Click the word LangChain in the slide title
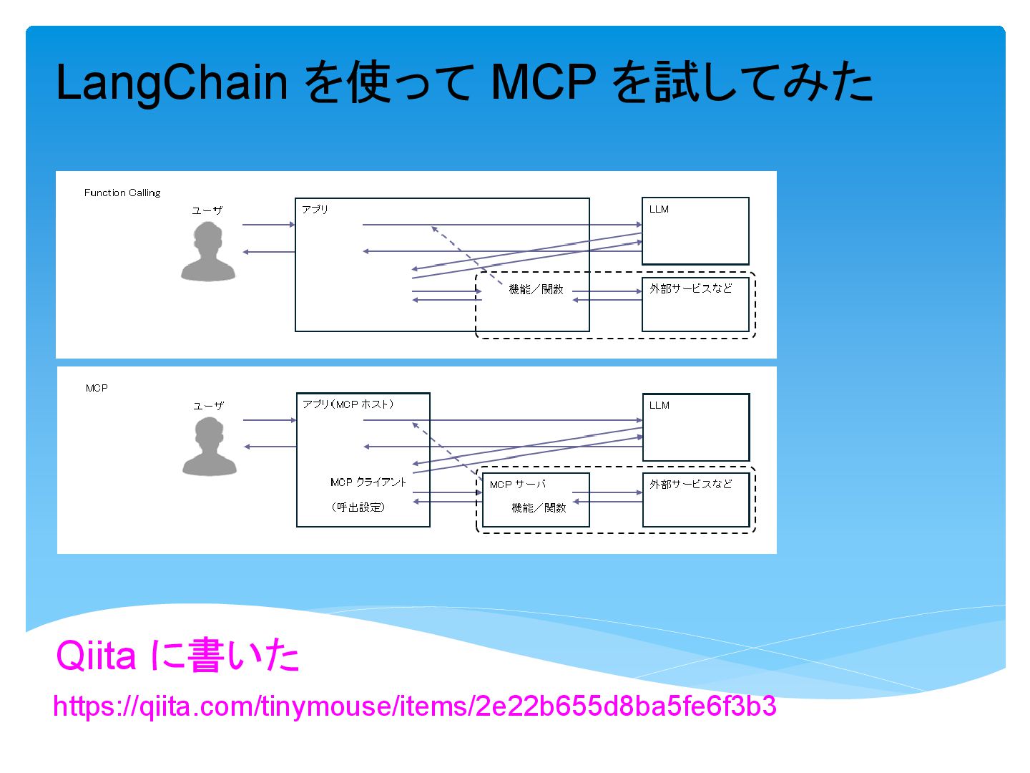click(x=172, y=82)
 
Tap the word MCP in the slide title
click(x=544, y=82)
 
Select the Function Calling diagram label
click(x=122, y=193)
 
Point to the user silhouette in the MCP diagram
click(x=209, y=447)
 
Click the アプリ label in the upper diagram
click(x=315, y=209)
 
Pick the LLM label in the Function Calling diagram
click(x=659, y=209)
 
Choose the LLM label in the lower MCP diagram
click(x=659, y=405)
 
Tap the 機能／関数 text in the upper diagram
click(x=536, y=289)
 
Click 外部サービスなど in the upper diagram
click(x=691, y=288)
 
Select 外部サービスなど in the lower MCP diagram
click(x=691, y=484)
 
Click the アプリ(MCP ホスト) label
click(x=348, y=404)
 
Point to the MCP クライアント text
click(x=368, y=482)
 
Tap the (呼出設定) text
click(x=358, y=507)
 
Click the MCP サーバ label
click(x=518, y=485)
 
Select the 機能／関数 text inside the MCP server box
click(x=539, y=507)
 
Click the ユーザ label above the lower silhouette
click(x=208, y=406)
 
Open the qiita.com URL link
click(x=415, y=706)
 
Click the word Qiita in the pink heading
click(x=96, y=655)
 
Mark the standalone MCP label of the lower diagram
click(x=97, y=388)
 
